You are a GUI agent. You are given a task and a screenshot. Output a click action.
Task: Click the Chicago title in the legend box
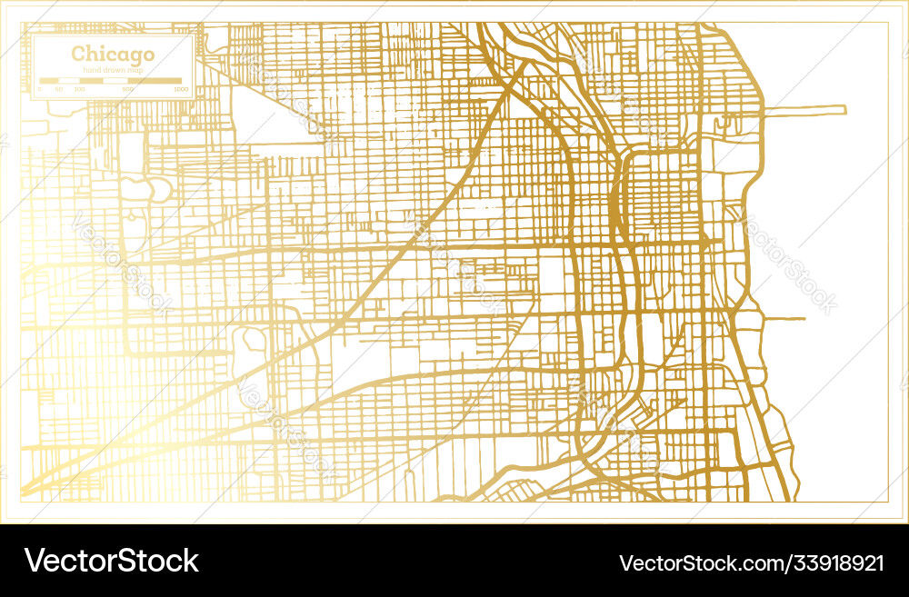(113, 54)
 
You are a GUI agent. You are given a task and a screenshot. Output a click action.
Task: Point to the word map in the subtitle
(135, 70)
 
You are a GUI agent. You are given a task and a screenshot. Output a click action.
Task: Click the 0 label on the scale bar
(40, 89)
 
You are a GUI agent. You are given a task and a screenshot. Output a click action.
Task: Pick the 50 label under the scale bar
(58, 89)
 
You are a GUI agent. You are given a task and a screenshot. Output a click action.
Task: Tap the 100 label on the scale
(79, 89)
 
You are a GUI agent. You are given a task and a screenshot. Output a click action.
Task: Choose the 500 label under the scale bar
(127, 89)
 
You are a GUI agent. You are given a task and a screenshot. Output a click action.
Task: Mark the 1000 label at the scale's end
(182, 89)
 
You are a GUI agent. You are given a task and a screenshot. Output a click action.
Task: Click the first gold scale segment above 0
(49, 82)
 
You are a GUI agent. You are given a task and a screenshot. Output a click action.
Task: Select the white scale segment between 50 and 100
(69, 82)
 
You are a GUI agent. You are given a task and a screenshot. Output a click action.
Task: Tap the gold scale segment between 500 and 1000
(155, 82)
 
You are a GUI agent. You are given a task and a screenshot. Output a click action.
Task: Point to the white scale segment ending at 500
(115, 82)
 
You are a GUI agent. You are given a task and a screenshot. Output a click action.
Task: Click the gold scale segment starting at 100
(91, 82)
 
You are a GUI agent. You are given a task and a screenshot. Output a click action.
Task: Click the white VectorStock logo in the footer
(111, 561)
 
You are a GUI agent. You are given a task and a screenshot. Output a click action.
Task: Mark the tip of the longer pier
(845, 111)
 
